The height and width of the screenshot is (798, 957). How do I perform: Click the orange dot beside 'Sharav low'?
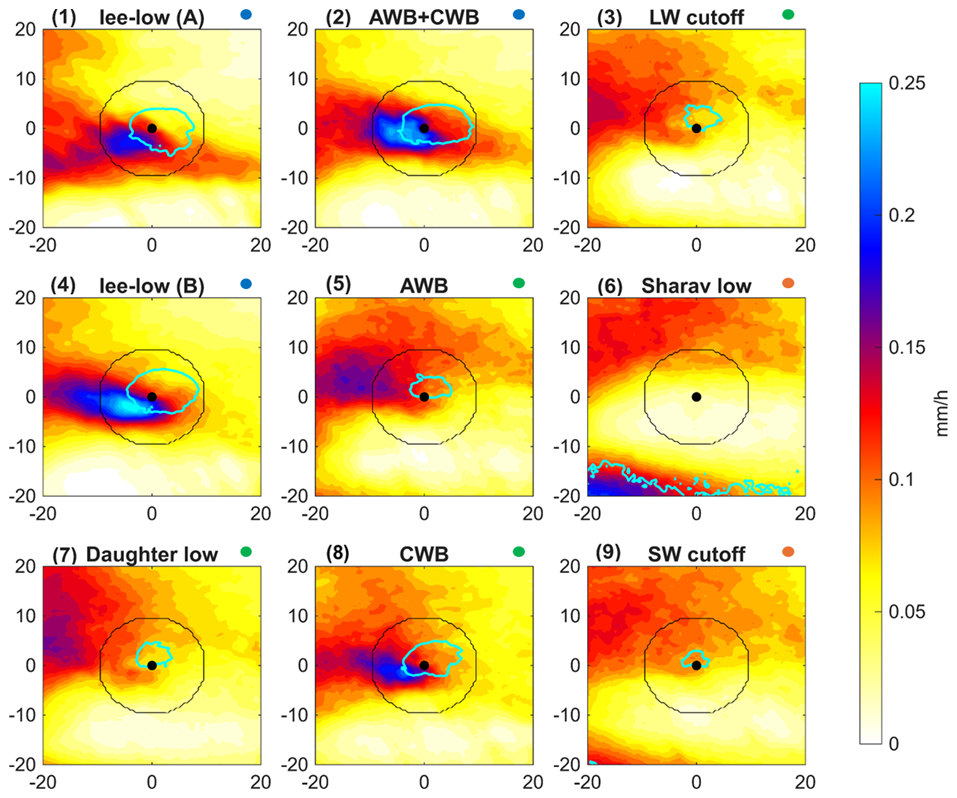(x=788, y=283)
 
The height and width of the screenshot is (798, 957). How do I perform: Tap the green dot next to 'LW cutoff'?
(x=788, y=14)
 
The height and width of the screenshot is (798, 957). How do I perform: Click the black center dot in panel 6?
(x=696, y=397)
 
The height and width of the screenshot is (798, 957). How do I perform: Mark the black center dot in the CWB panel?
(x=424, y=665)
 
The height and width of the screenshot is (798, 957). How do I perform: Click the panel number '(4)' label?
(x=65, y=284)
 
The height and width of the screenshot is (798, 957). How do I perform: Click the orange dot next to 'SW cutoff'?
(x=788, y=552)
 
